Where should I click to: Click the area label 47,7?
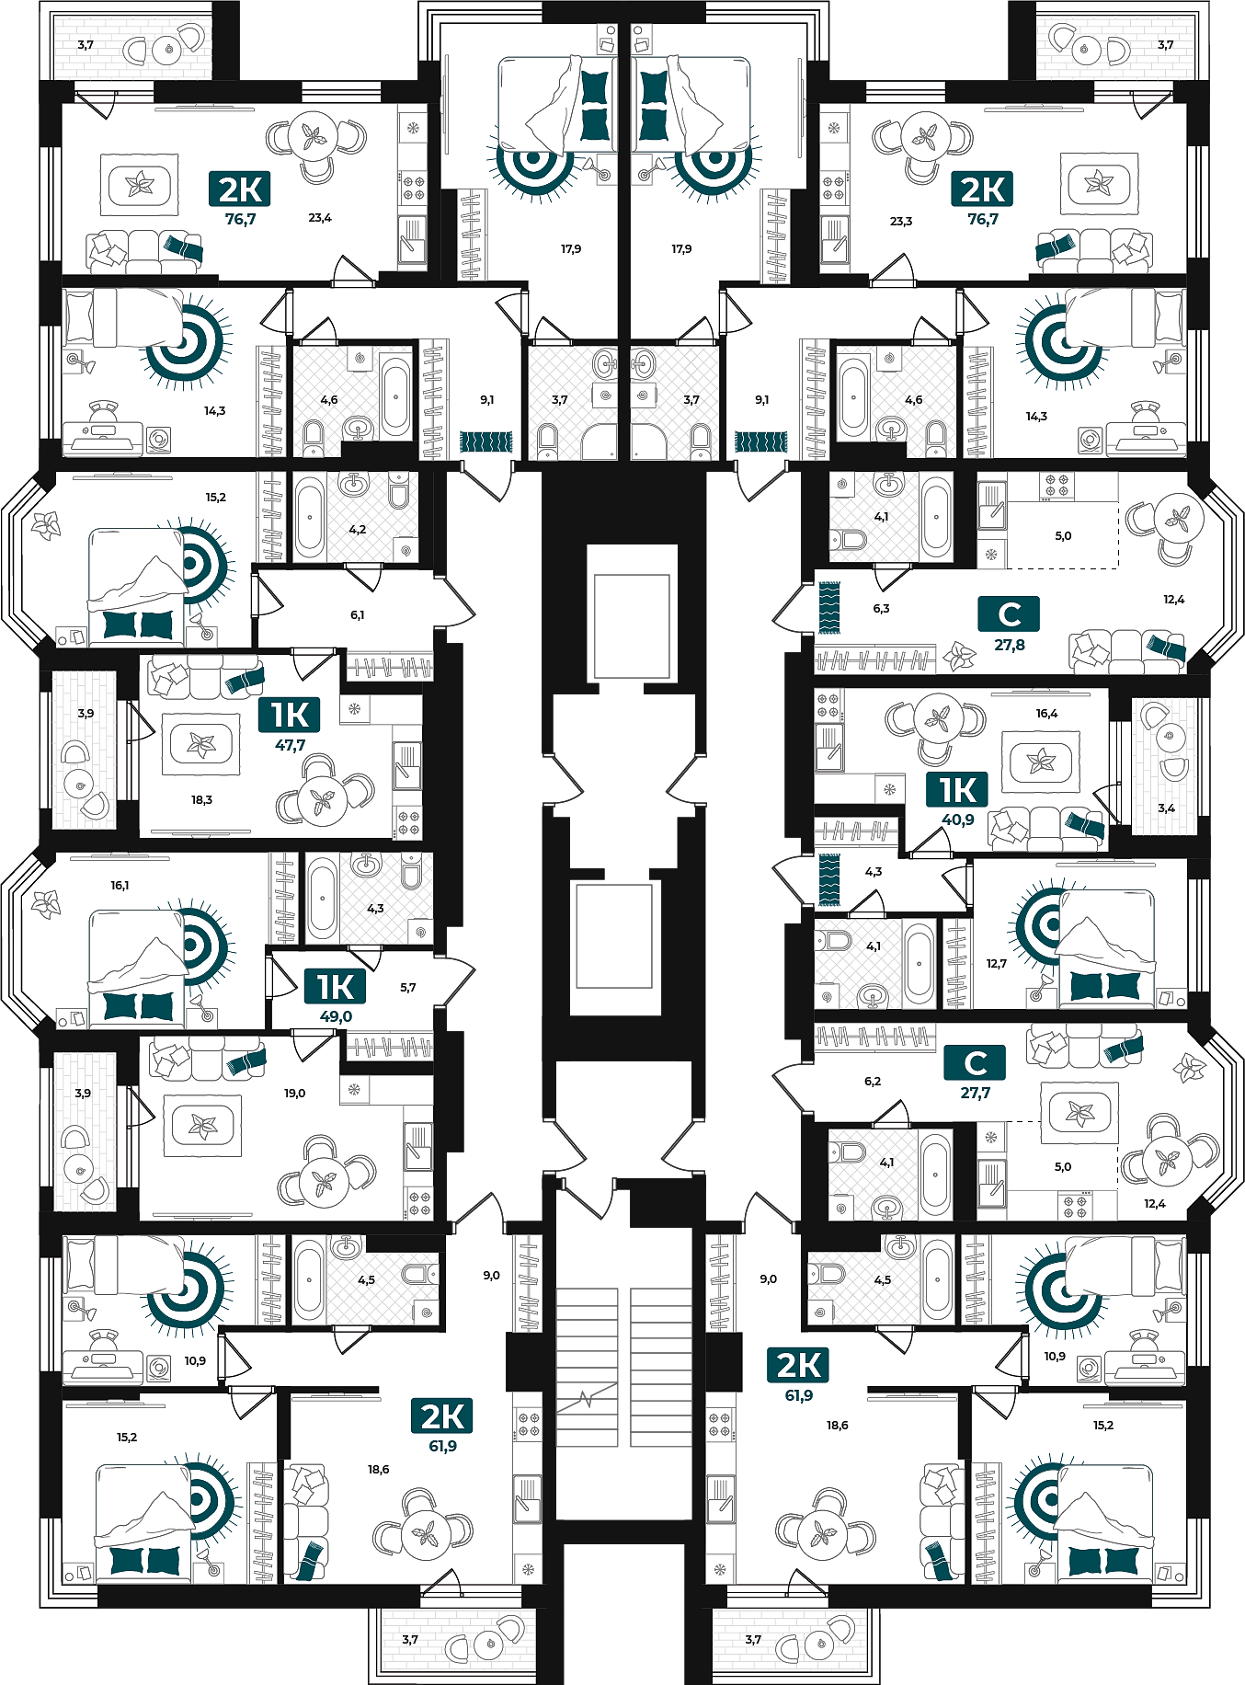pos(291,746)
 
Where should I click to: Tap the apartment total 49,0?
pos(336,1016)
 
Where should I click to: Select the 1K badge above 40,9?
pos(957,789)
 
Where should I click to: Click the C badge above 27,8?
pos(1009,613)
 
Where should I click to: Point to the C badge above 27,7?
pos(975,1062)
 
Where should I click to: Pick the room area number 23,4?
pos(320,218)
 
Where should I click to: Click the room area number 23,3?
pos(901,222)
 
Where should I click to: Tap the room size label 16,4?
pos(1046,714)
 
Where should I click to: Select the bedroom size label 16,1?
pos(120,886)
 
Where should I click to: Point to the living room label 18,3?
pos(201,800)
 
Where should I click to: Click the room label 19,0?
pos(294,1094)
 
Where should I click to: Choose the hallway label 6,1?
pos(357,615)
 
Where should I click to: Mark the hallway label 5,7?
pos(408,988)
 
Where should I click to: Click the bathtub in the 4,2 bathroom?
pos(310,517)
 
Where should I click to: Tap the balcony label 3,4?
pos(1166,808)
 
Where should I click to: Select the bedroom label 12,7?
pos(997,964)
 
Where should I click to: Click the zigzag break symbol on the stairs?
pos(586,1400)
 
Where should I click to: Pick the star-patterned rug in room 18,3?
pos(200,744)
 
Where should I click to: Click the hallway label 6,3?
pos(881,609)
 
